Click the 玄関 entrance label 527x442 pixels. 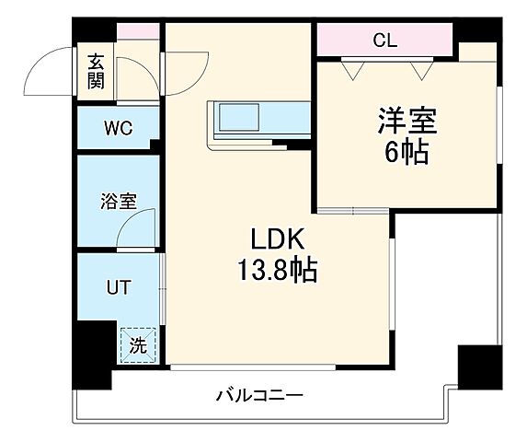[96, 71]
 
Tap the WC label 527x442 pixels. [119, 128]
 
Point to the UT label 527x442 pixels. [118, 287]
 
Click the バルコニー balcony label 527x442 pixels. [259, 397]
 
